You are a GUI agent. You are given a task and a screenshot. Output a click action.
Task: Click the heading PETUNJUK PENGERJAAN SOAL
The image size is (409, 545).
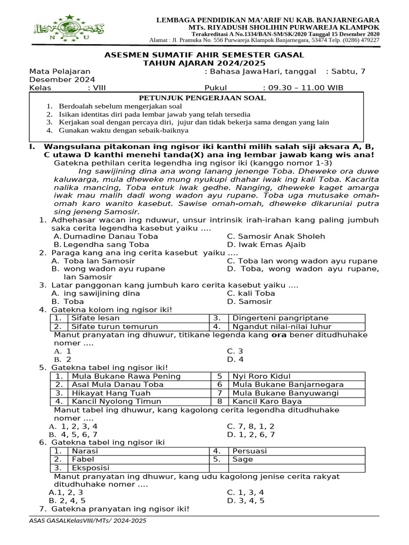pos(202,98)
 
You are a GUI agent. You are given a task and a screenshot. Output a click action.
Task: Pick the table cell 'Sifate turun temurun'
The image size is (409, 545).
pos(114,327)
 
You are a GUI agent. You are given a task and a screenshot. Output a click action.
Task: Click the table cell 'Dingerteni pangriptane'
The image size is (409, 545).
pos(281,318)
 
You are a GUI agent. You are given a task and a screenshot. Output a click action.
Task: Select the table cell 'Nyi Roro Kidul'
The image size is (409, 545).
pos(260,376)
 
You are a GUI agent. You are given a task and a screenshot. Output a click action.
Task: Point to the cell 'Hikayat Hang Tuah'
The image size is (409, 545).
pos(109,393)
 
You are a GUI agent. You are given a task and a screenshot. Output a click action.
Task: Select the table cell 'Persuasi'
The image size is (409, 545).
pos(250,451)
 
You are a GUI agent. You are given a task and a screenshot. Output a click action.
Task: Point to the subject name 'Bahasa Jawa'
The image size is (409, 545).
pos(236,71)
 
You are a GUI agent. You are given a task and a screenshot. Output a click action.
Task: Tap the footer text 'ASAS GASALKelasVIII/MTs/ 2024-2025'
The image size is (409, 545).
pos(88,520)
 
